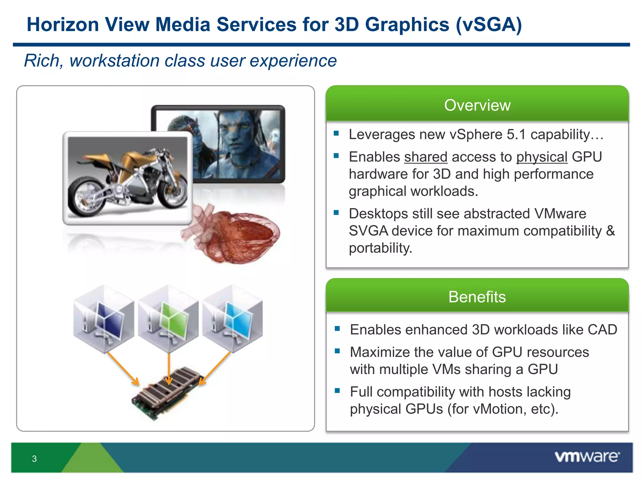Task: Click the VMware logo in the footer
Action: click(x=587, y=457)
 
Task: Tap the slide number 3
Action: click(x=34, y=459)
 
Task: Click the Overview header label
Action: click(x=477, y=105)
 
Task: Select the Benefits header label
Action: click(x=477, y=297)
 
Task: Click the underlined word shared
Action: click(x=425, y=157)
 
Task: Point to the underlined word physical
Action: click(x=542, y=157)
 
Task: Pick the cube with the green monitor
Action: click(x=169, y=319)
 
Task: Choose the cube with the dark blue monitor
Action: click(x=104, y=319)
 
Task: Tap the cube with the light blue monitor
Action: click(x=233, y=319)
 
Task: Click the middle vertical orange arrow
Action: click(x=169, y=369)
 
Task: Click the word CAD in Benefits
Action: click(x=602, y=330)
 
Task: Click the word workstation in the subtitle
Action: click(x=115, y=61)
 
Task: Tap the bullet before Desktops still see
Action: click(x=336, y=213)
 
